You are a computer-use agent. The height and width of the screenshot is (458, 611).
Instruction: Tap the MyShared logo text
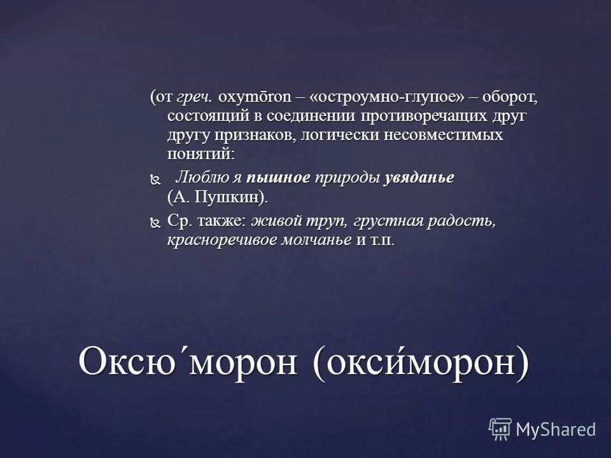[x=556, y=429]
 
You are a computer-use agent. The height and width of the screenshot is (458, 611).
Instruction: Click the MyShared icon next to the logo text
[x=500, y=429]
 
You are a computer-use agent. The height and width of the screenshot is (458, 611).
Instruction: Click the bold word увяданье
[x=419, y=177]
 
